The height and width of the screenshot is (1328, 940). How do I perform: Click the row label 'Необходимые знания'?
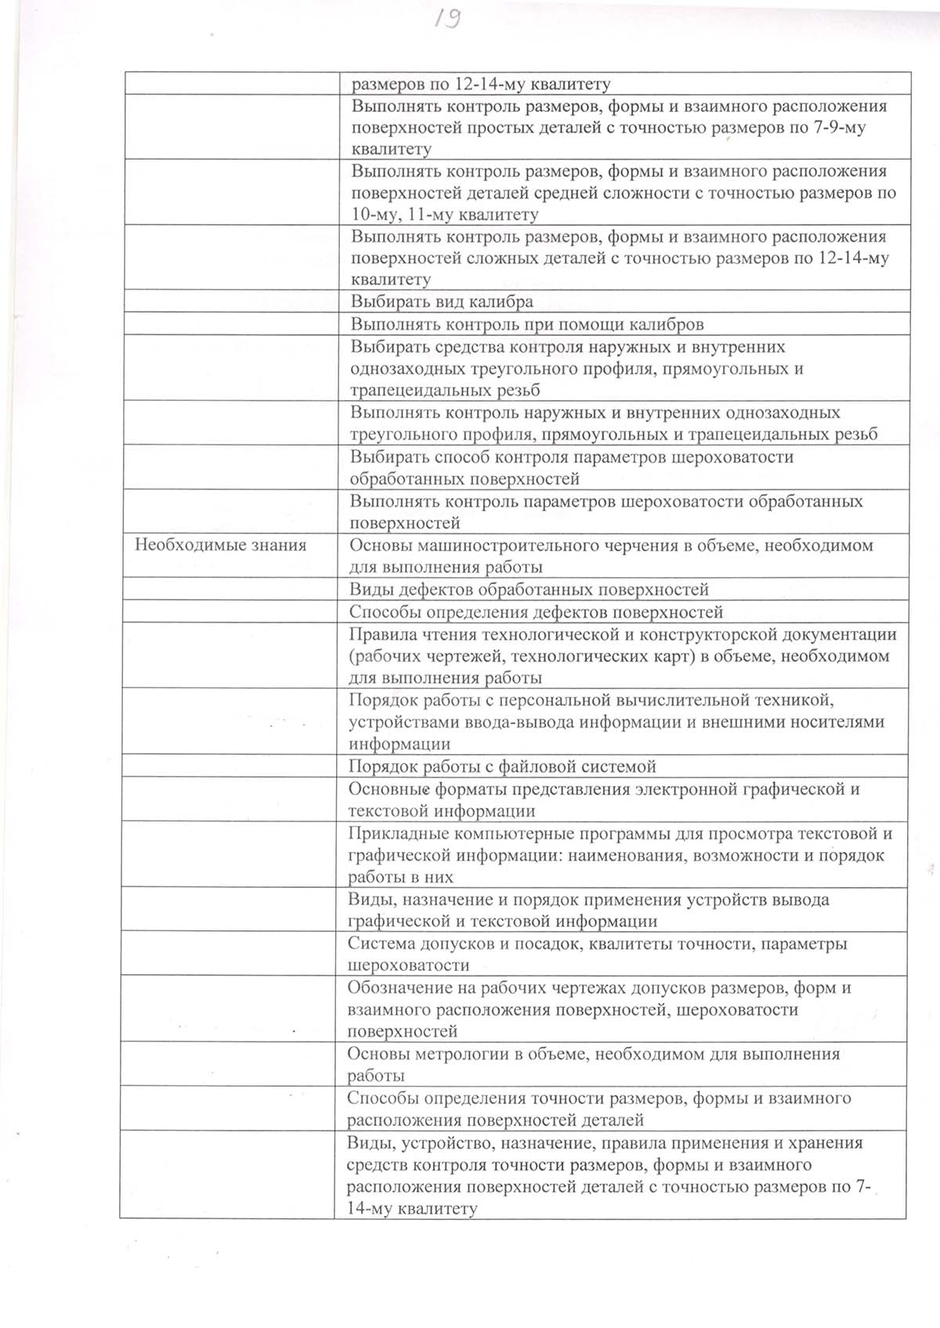(220, 545)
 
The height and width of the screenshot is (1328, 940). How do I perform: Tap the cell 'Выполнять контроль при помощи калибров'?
(526, 324)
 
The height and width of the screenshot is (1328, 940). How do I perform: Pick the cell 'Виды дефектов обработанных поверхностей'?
(529, 590)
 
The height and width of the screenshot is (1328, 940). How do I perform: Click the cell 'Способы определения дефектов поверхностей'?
(536, 612)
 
